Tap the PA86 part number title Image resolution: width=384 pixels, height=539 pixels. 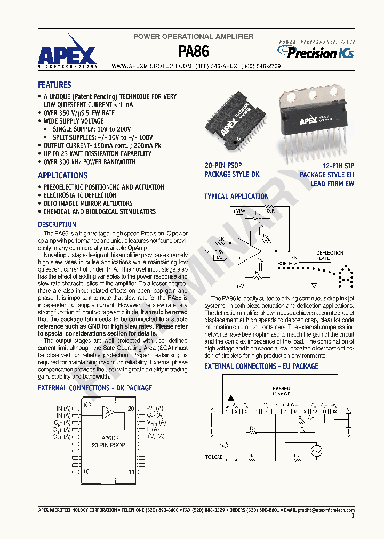[193, 51]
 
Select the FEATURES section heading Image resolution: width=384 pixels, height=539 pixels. [54, 85]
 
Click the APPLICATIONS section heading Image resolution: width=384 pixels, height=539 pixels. [62, 175]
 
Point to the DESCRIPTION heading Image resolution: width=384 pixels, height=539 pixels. [57, 224]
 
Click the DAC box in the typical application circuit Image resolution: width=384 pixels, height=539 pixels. [219, 257]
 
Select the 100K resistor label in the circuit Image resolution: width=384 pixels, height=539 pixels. [269, 211]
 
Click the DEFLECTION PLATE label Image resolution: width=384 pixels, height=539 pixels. [330, 255]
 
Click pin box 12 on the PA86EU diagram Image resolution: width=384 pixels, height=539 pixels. [334, 411]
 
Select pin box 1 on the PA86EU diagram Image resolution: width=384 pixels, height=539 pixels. [227, 411]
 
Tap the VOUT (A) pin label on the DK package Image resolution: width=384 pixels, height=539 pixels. [155, 422]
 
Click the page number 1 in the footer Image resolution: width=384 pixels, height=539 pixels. [353, 516]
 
